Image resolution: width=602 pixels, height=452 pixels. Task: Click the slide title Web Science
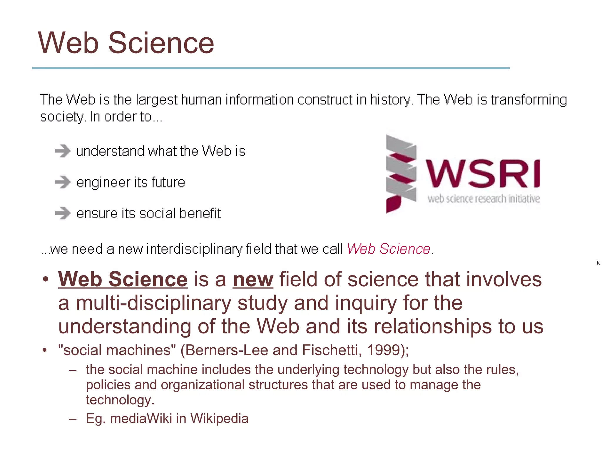point(126,43)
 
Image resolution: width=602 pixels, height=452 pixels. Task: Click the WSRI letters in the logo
point(483,174)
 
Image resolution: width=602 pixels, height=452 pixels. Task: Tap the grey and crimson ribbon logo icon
point(401,174)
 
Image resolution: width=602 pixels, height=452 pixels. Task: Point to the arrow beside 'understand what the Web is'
point(63,151)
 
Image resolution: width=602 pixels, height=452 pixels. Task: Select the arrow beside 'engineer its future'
point(63,182)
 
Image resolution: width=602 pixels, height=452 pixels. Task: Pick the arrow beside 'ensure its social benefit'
point(63,213)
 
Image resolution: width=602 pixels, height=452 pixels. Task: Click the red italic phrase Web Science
point(389,249)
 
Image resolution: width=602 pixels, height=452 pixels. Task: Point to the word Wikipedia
point(219,418)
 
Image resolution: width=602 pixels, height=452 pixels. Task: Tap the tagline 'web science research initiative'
point(484,199)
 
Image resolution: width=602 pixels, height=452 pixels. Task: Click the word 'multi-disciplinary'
point(153,303)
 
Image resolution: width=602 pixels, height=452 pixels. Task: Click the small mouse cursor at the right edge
point(598,263)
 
